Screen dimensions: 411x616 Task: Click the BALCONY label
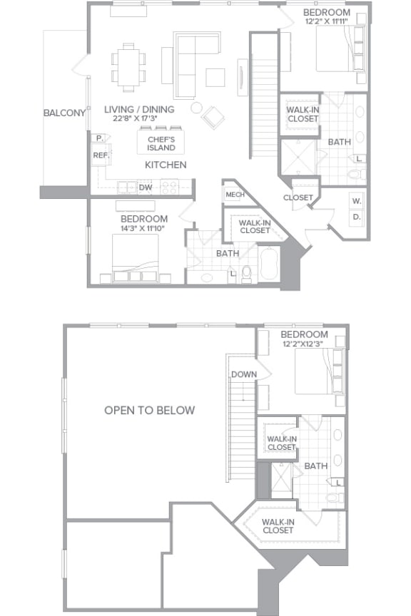tap(64, 113)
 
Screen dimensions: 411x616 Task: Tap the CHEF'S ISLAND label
tap(161, 143)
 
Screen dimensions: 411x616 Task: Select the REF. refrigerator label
tap(101, 155)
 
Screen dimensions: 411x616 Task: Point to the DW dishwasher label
tap(145, 188)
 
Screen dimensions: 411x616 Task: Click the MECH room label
tap(235, 195)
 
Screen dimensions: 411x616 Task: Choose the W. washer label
tap(357, 201)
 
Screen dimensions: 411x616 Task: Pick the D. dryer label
tap(357, 217)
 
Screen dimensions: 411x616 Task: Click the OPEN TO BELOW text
tap(149, 410)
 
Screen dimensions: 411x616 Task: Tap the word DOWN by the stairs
tap(244, 374)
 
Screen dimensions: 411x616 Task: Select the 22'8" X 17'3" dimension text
tap(138, 118)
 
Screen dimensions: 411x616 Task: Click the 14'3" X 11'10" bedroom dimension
tap(143, 228)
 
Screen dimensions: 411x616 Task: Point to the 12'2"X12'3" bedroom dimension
tap(303, 344)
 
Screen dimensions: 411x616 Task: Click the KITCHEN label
tap(166, 165)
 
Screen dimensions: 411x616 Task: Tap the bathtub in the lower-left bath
tap(269, 264)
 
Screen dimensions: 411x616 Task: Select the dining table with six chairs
tap(128, 67)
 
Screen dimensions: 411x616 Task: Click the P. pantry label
tap(99, 138)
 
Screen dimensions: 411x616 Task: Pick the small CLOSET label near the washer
tap(298, 197)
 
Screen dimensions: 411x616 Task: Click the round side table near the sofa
tap(196, 108)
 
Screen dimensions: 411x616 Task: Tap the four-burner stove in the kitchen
tap(170, 187)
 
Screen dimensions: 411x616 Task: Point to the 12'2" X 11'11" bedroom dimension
tap(326, 21)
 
